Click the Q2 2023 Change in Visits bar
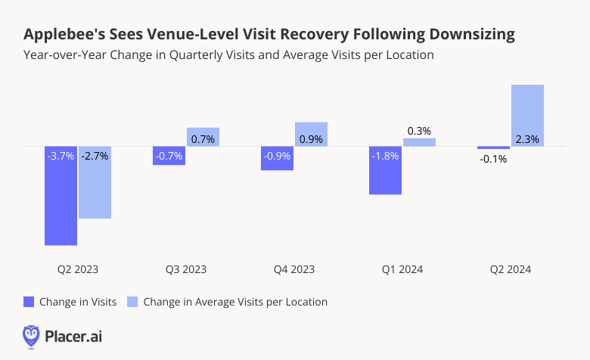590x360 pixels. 61,204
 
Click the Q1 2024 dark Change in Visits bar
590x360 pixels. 385,178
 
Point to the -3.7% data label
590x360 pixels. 61,157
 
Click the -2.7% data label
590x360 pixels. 95,157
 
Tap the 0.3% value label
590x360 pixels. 419,131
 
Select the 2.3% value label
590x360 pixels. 527,139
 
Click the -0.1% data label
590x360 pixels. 493,159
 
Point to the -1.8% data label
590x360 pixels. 385,157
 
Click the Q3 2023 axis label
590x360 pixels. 185,269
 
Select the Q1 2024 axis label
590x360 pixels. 402,269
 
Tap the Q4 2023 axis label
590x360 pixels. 293,269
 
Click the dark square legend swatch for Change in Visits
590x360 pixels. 29,302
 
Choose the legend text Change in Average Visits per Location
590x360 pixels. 235,302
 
